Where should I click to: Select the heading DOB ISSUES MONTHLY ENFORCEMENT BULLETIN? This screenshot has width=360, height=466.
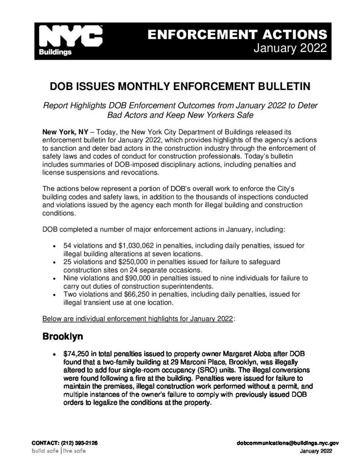(180, 86)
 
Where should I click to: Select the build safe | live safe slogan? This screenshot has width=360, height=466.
(58, 451)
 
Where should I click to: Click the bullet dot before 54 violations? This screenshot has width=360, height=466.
(54, 246)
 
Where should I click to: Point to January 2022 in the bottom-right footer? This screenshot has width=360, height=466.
(316, 451)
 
